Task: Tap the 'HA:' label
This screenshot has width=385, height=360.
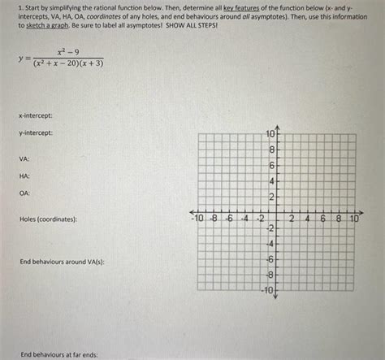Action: (x=25, y=176)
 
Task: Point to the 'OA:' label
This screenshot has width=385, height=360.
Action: (x=25, y=193)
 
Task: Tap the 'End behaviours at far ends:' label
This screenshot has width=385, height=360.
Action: (x=59, y=354)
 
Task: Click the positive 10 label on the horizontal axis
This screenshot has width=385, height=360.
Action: (x=353, y=219)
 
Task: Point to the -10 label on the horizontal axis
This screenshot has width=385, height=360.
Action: (x=196, y=219)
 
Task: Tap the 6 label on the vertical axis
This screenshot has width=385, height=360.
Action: (x=273, y=166)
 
